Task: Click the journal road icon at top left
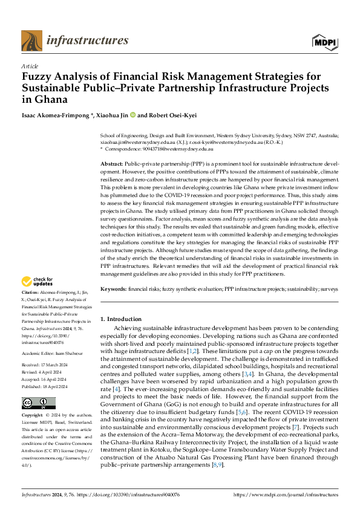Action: click(31, 41)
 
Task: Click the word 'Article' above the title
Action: click(30, 66)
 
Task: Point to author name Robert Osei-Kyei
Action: click(175, 115)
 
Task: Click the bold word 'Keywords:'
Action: click(113, 290)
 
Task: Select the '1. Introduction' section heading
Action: click(120, 319)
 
